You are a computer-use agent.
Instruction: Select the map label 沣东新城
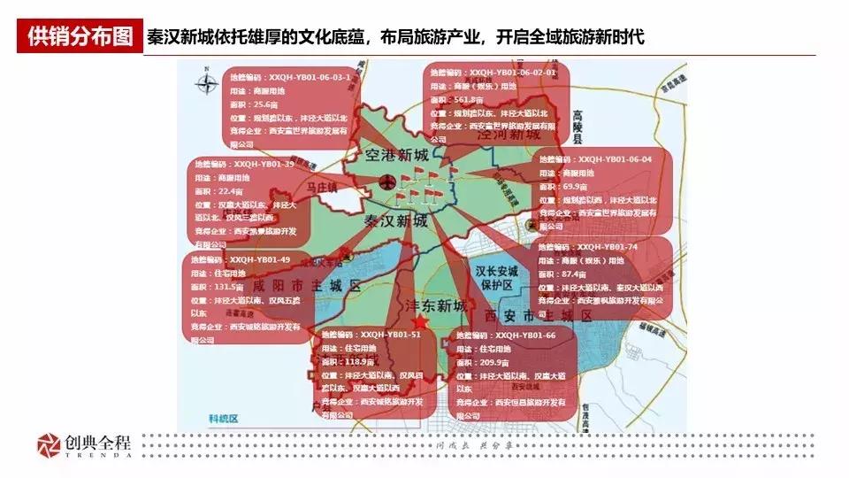coord(434,305)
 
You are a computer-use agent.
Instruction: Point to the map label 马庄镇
coord(322,189)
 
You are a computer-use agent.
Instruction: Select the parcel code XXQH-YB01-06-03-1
coord(305,76)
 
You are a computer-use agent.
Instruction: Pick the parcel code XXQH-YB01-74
coord(607,247)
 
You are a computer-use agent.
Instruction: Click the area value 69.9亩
coord(575,187)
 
